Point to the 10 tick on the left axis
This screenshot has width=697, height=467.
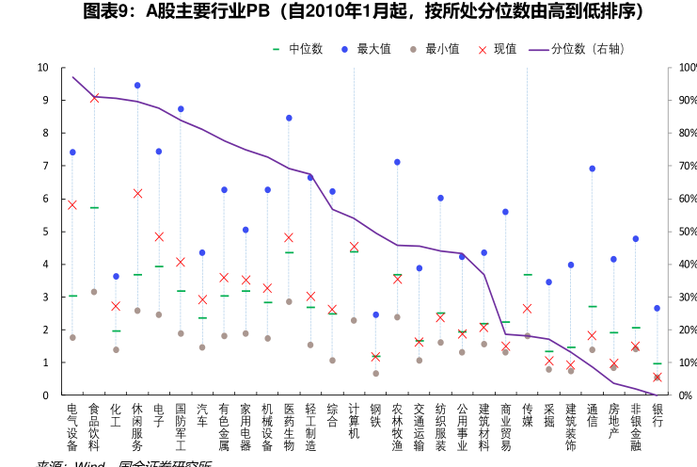click(43, 68)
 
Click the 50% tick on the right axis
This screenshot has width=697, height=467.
click(687, 232)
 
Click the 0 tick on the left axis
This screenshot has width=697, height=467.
click(45, 395)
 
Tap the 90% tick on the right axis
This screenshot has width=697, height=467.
click(687, 101)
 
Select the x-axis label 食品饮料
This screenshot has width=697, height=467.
click(94, 427)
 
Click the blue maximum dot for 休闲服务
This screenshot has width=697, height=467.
click(137, 86)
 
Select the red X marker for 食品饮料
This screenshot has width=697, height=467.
click(94, 98)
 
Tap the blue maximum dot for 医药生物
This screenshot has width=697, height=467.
click(289, 118)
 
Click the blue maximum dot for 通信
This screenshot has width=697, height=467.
click(592, 169)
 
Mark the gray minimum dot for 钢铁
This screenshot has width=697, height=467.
click(375, 374)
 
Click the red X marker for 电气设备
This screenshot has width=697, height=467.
click(72, 204)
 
